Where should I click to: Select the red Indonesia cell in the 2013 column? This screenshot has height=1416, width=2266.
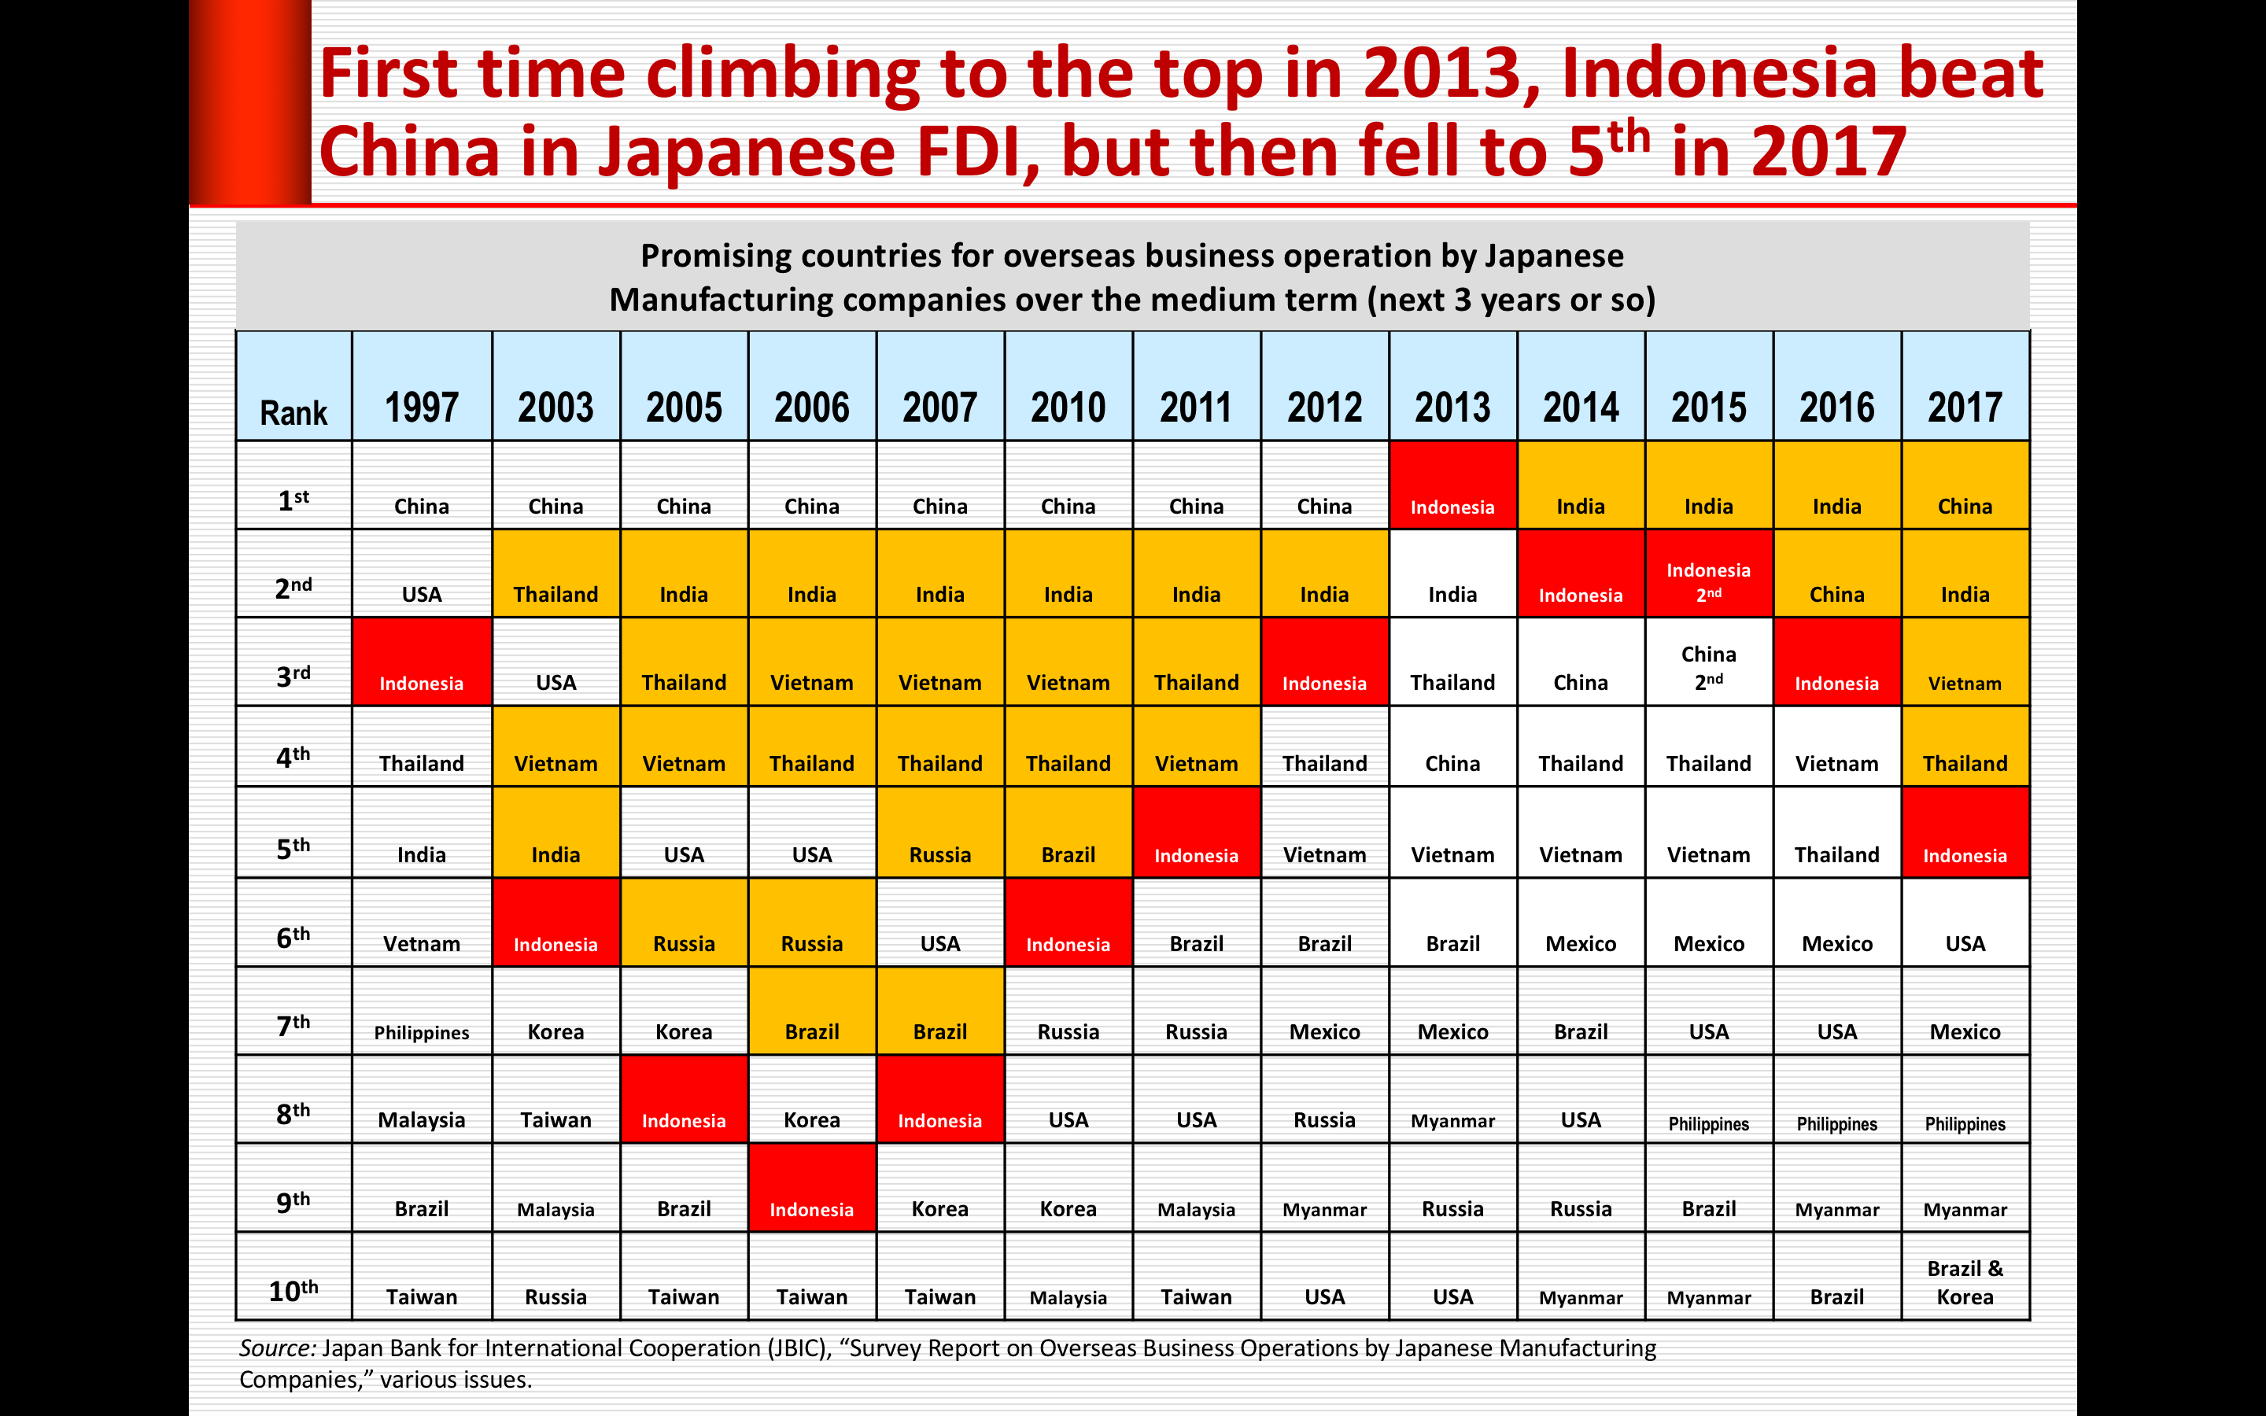pyautogui.click(x=1452, y=485)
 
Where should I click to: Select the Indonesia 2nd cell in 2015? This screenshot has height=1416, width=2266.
pyautogui.click(x=1708, y=573)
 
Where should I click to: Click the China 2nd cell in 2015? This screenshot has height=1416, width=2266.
pyautogui.click(x=1708, y=661)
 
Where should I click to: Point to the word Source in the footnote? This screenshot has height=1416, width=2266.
pyautogui.click(x=277, y=1348)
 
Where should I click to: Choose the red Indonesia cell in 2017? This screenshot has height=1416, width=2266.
pyautogui.click(x=1965, y=832)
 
